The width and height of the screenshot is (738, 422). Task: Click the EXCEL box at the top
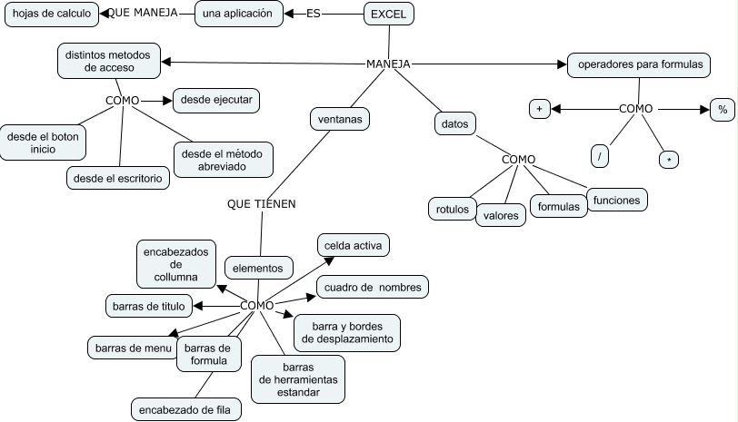[x=389, y=14]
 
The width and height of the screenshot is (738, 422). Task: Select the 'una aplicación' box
[x=236, y=14]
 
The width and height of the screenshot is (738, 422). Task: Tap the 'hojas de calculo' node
[x=52, y=14]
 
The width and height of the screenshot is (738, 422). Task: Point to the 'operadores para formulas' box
[x=639, y=64]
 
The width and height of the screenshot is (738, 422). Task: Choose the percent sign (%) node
[x=723, y=109]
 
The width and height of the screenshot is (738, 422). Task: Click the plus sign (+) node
[x=540, y=109]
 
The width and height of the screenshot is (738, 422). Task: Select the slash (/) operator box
[x=600, y=156]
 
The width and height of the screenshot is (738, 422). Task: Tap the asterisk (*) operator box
[x=670, y=160]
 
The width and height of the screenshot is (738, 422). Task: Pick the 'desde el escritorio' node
[x=118, y=179]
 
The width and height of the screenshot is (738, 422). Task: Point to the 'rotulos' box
[x=452, y=209]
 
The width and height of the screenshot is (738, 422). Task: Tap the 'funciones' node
[x=616, y=201]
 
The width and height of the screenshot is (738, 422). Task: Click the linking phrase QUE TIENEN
[x=261, y=204]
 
